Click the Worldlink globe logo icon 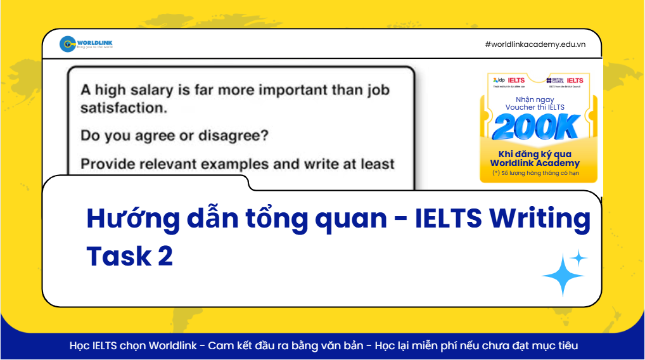point(68,44)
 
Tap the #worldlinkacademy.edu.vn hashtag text point(535,44)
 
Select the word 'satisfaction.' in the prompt point(123,108)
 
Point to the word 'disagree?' point(237,136)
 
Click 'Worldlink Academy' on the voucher point(535,164)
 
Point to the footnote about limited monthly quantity point(535,173)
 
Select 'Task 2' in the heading point(129,256)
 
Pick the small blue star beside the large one point(578,257)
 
